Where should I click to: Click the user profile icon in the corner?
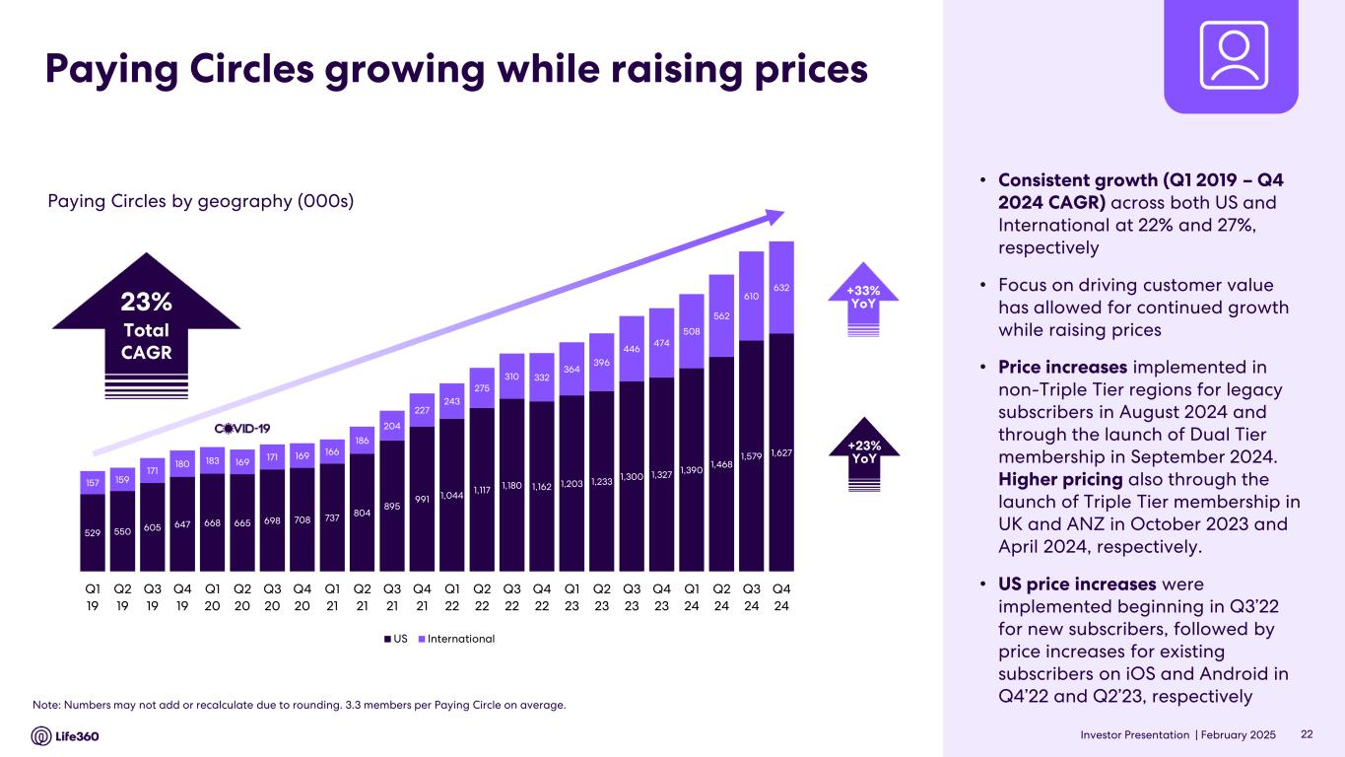(1230, 57)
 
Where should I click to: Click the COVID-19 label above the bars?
(242, 428)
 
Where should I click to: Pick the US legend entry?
(394, 639)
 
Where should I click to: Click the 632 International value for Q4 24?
(781, 288)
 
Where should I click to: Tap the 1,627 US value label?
(781, 451)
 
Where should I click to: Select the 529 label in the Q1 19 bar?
(92, 531)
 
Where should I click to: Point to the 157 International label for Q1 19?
(92, 483)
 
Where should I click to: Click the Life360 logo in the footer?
(66, 736)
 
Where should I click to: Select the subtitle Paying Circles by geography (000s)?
(201, 201)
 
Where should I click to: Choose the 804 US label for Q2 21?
(362, 511)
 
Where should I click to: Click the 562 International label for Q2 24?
(721, 315)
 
